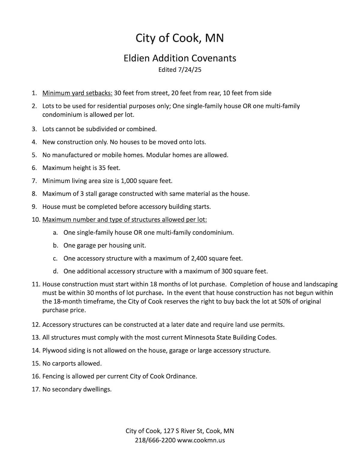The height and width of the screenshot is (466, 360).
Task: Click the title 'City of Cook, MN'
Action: pyautogui.click(x=180, y=38)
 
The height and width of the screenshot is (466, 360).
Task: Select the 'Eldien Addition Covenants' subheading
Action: pyautogui.click(x=180, y=58)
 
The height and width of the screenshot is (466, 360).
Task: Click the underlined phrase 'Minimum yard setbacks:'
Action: pyautogui.click(x=77, y=93)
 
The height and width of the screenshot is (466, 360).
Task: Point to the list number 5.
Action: pyautogui.click(x=34, y=155)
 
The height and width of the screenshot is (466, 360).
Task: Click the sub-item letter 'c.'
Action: pyautogui.click(x=55, y=258)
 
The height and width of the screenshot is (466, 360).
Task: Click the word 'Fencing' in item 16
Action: pyautogui.click(x=53, y=376)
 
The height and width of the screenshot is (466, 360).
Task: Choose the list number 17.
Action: pyautogui.click(x=36, y=389)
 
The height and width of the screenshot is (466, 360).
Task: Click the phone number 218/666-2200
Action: pyautogui.click(x=155, y=440)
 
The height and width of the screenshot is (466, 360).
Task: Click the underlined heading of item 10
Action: pyautogui.click(x=124, y=220)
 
